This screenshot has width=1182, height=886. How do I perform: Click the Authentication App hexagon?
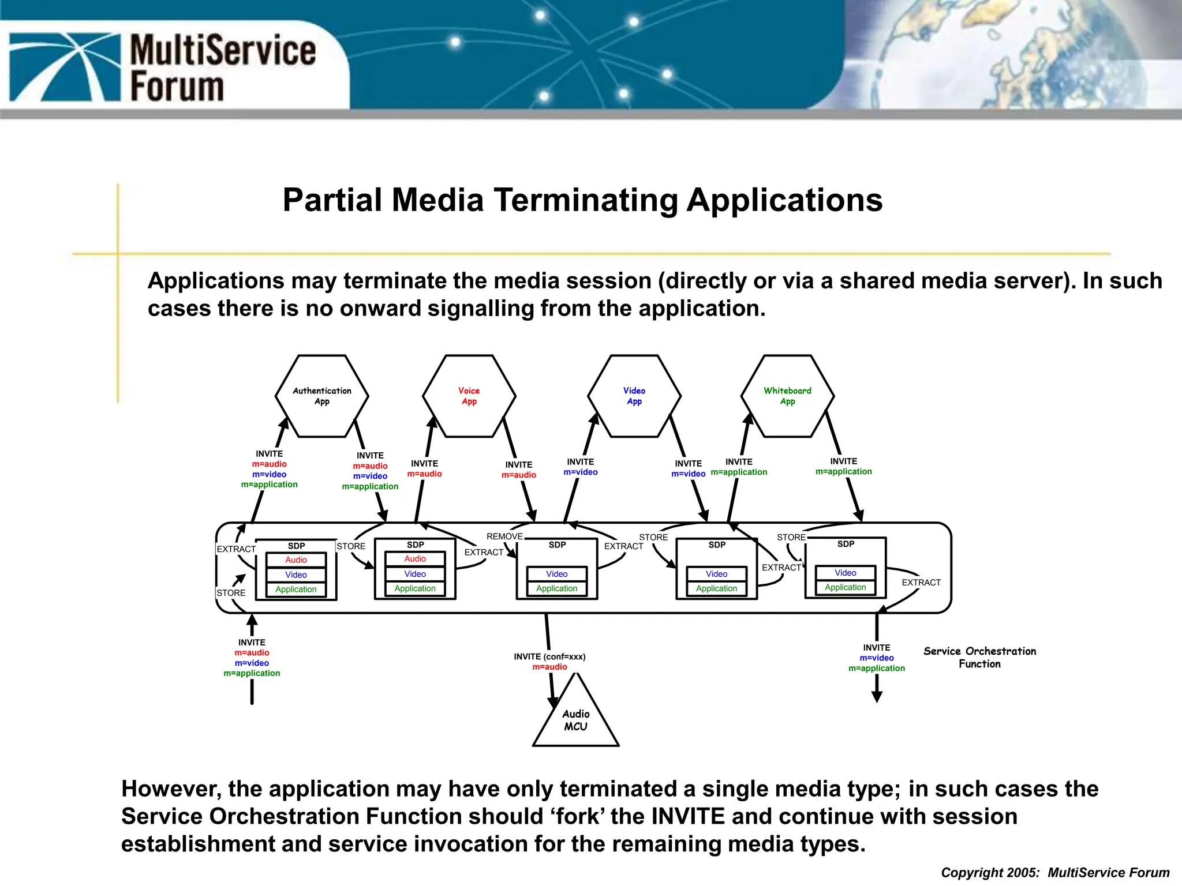coord(321,396)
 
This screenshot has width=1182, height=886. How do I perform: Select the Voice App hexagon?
coord(469,396)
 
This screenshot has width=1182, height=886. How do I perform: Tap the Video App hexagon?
coord(634,396)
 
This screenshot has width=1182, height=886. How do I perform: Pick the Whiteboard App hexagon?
coord(787,396)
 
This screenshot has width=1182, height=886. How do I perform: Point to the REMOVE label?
coord(504,536)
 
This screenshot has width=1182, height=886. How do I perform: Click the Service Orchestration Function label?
coord(979,657)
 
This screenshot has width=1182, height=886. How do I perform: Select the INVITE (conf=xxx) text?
coord(549,656)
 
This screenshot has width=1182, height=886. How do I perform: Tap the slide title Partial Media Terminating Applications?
coord(582,200)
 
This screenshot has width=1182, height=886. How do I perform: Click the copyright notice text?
coord(1054,872)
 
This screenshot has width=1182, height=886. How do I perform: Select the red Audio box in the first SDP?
coord(296,560)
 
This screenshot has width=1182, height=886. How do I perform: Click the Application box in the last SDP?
coord(845,587)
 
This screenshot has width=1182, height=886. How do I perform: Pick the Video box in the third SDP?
coord(556,574)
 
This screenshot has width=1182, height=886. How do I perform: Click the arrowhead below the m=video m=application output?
coord(877,697)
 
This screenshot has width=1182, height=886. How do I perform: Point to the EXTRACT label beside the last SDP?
coord(921,583)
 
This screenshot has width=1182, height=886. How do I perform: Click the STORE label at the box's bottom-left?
coord(231,593)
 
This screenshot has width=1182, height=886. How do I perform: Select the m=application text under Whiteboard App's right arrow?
coord(843,471)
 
